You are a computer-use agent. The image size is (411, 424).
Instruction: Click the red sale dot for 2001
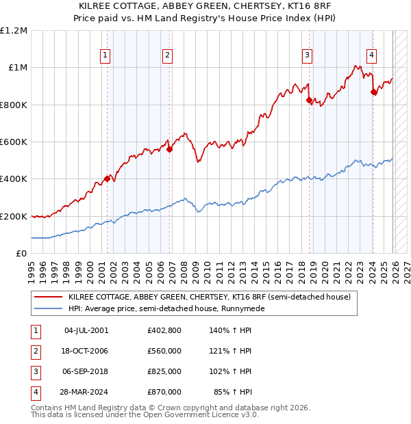(107, 178)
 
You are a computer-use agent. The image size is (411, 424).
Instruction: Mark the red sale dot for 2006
(169, 150)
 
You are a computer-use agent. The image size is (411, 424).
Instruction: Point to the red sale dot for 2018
(309, 101)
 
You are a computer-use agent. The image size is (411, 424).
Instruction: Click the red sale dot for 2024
(373, 92)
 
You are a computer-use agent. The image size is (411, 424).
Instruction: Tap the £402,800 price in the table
(164, 330)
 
